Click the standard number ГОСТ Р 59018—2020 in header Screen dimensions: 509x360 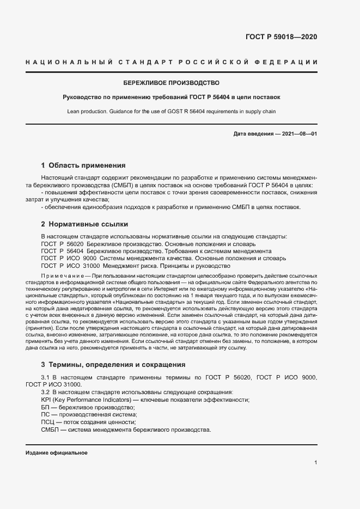pyautogui.click(x=281, y=37)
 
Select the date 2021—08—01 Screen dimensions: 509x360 pyautogui.click(x=297, y=134)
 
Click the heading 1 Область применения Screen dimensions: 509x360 pyautogui.click(x=83, y=165)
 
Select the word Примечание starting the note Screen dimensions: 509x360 pyautogui.click(x=62, y=277)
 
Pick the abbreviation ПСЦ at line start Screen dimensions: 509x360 pyautogui.click(x=48, y=422)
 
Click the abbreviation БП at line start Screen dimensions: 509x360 pyautogui.click(x=45, y=408)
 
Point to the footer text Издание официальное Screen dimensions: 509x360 pyautogui.click(x=56, y=453)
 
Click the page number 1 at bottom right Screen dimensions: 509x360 pyautogui.click(x=315, y=463)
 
